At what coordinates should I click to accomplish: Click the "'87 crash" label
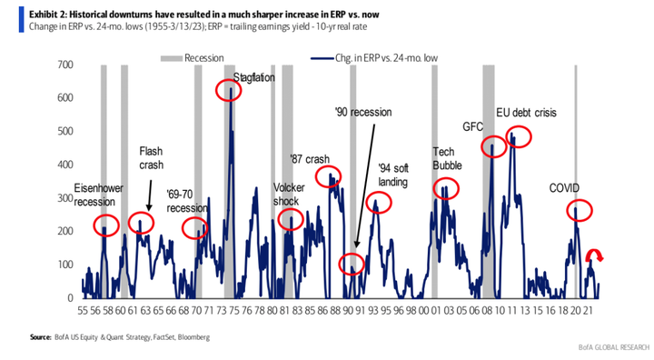[x=309, y=158]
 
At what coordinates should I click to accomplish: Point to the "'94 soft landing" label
[x=393, y=175]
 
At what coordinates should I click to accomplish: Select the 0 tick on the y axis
[x=69, y=298]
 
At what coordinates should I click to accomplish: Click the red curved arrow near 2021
[x=594, y=255]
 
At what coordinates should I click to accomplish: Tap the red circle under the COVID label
[x=580, y=211]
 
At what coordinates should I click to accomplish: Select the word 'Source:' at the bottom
[x=39, y=337]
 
